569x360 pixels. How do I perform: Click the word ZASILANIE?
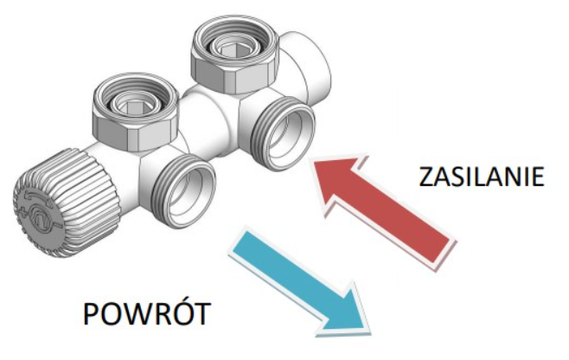[x=482, y=177]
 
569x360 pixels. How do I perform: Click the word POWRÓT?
[x=147, y=314]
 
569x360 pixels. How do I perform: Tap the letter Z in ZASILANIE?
[x=426, y=177]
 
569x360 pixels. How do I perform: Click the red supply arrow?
[x=383, y=210]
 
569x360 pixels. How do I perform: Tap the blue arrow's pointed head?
[x=368, y=332]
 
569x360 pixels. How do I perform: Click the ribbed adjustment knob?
[x=67, y=202]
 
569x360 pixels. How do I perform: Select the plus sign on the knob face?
[x=24, y=212]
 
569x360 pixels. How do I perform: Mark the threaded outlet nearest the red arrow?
[x=283, y=133]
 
